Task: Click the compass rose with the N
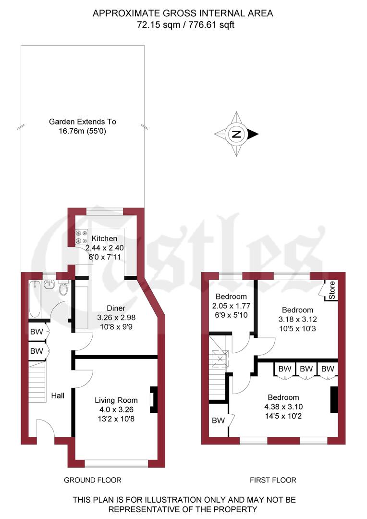tap(236, 134)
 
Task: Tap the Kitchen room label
tap(104, 239)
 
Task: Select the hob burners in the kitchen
tap(81, 237)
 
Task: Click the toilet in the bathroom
tap(63, 290)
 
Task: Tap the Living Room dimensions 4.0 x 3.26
tap(116, 409)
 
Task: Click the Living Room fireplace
tap(153, 400)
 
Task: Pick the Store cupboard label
tap(332, 290)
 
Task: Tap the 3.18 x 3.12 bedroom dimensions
tap(297, 319)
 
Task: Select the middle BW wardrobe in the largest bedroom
tap(306, 369)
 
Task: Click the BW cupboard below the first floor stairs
tap(219, 420)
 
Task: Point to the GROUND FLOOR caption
tap(93, 480)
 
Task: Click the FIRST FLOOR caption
tap(273, 480)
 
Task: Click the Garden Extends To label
tap(83, 122)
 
